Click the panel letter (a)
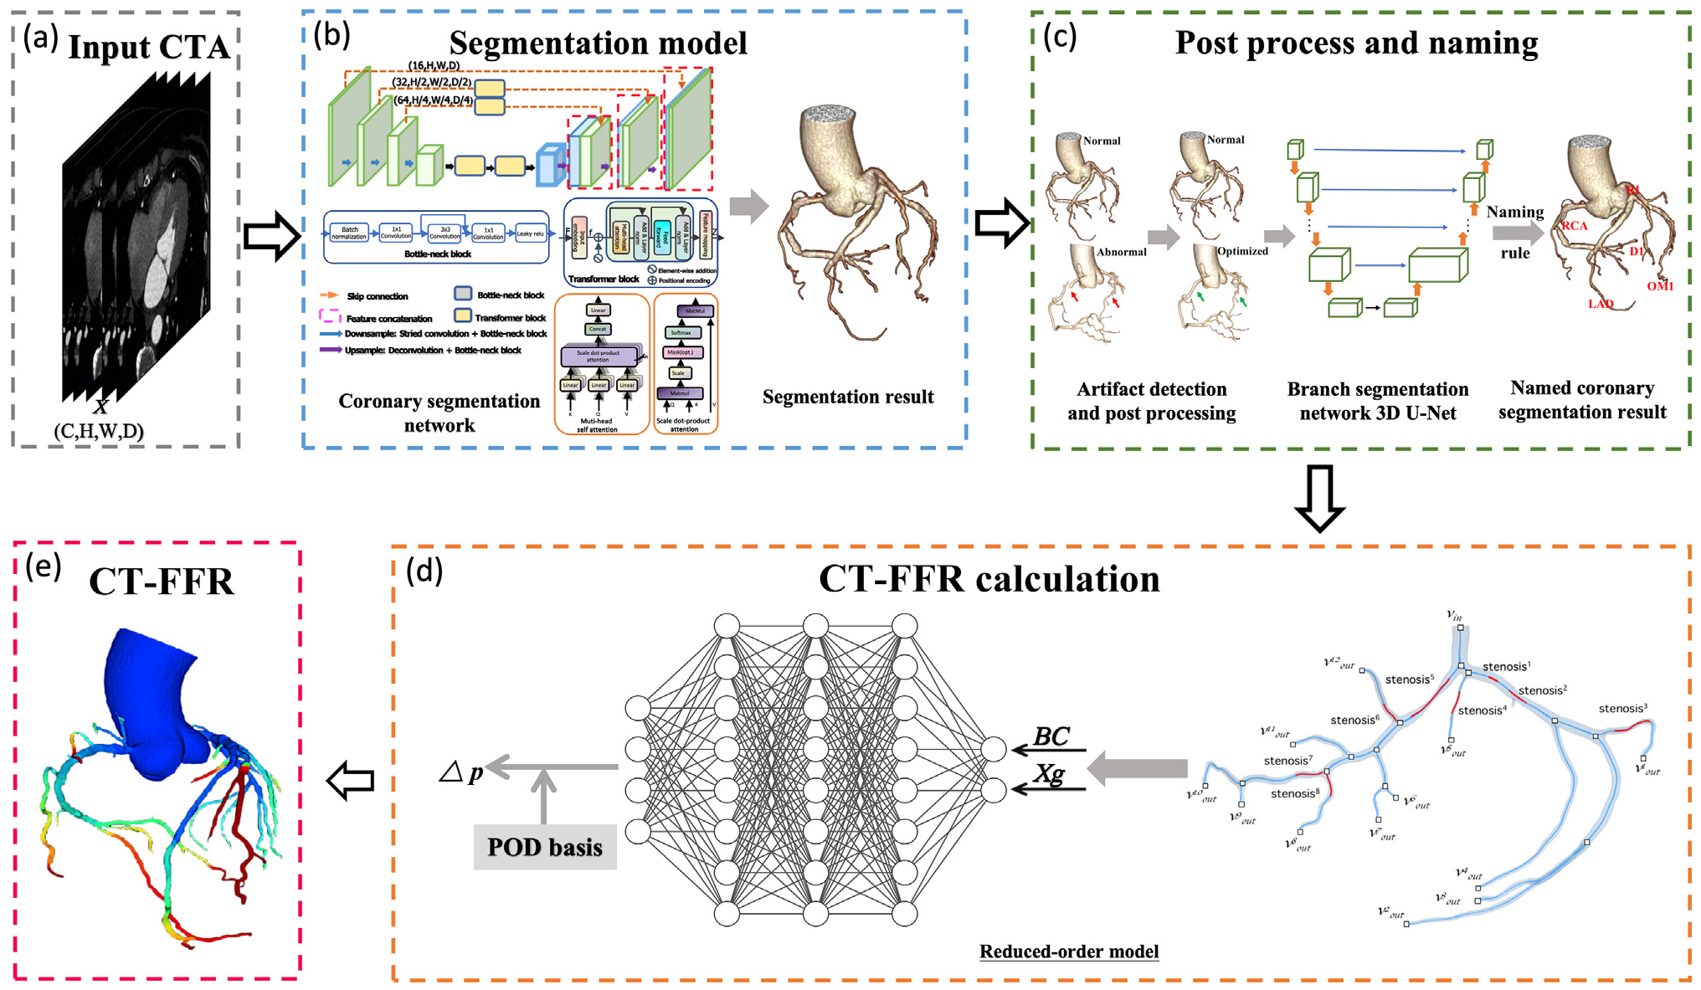tap(40, 38)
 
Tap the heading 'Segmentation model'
tap(598, 43)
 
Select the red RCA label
tap(1574, 226)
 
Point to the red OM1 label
tap(1659, 286)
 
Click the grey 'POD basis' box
tap(545, 847)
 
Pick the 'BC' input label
tap(1051, 736)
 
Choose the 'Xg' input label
tap(1049, 774)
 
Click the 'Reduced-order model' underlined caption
tap(1069, 952)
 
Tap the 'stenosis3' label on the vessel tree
tap(1622, 709)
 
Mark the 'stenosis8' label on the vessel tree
tap(1294, 793)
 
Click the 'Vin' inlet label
tap(1455, 615)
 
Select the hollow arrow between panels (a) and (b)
tap(271, 236)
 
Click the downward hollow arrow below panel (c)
tap(1319, 498)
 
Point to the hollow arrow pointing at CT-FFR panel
tap(350, 780)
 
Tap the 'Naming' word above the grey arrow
tap(1515, 212)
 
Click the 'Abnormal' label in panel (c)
tap(1121, 252)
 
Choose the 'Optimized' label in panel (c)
tap(1242, 251)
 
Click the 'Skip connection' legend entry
tap(377, 296)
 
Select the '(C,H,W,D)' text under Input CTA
tap(99, 432)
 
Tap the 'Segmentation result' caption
tap(847, 397)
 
